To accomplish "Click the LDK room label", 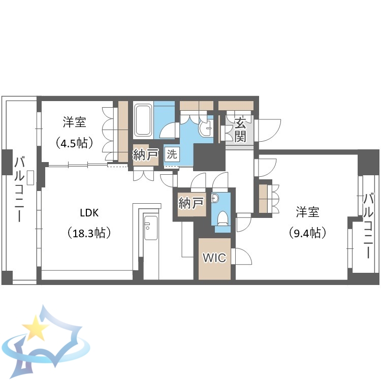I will pyautogui.click(x=89, y=212).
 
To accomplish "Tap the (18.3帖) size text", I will pyautogui.click(x=89, y=233).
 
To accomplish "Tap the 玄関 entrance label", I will pyautogui.click(x=241, y=129).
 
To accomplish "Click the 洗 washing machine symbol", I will pyautogui.click(x=172, y=155).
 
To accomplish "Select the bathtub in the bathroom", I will pyautogui.click(x=143, y=120).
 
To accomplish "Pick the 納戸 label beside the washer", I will pyautogui.click(x=146, y=155).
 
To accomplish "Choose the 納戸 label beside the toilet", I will pyautogui.click(x=191, y=204).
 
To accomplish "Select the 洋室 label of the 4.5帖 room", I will pyautogui.click(x=74, y=122).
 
